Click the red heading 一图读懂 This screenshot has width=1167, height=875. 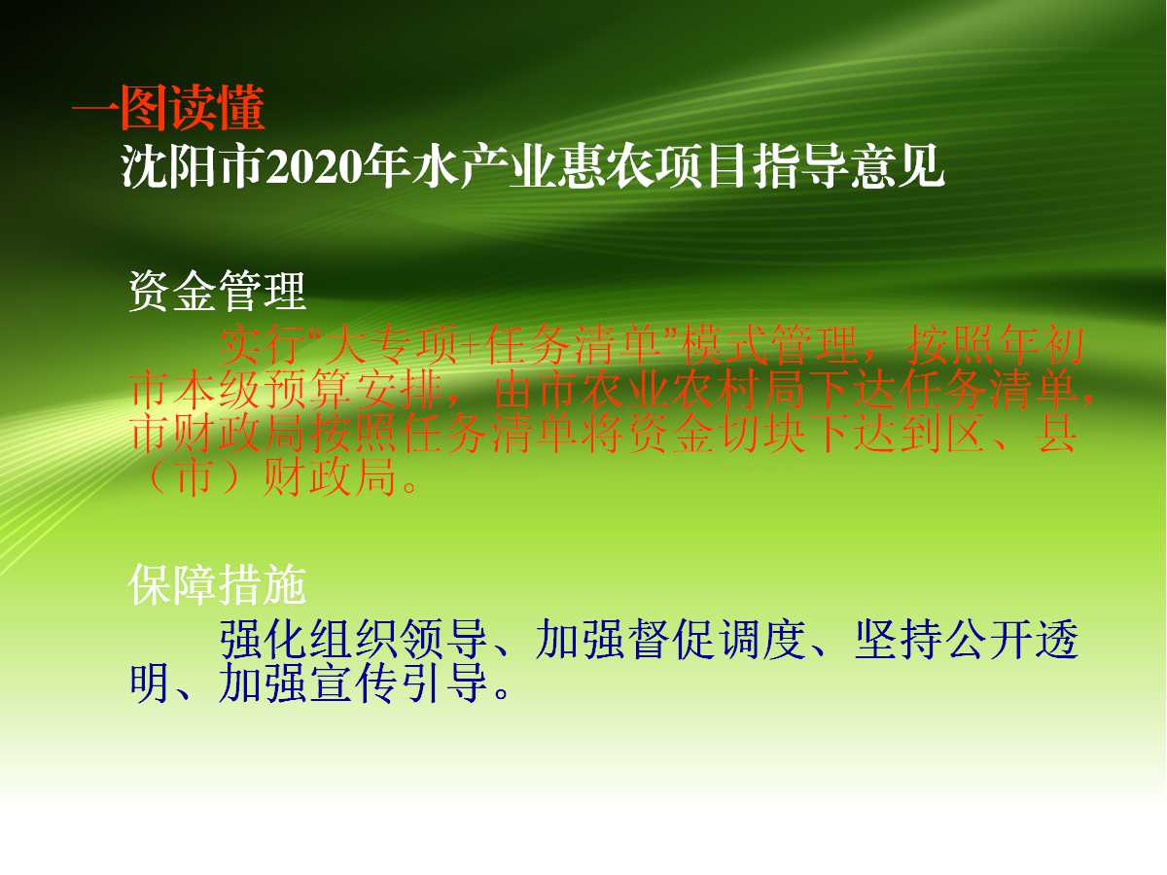(x=168, y=108)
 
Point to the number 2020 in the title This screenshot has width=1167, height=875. (x=314, y=167)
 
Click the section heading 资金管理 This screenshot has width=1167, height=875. (x=217, y=291)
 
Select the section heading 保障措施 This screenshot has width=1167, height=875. (x=217, y=585)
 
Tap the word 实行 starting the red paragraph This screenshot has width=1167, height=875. (x=264, y=346)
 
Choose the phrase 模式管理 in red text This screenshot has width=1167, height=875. (x=771, y=346)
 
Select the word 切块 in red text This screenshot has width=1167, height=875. (x=761, y=434)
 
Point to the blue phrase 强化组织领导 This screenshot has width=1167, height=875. (x=354, y=639)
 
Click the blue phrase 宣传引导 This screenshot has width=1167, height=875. (x=398, y=682)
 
